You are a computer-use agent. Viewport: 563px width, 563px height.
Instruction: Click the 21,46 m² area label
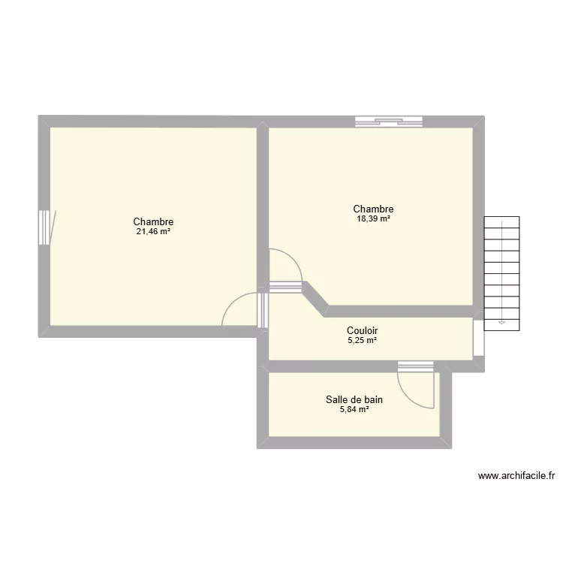click(153, 233)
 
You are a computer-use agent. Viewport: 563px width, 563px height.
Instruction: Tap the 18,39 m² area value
click(373, 219)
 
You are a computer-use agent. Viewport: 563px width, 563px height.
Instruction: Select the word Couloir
click(362, 330)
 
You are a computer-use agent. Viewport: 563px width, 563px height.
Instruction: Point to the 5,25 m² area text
click(362, 341)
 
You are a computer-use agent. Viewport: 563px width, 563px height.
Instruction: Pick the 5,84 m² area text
click(354, 410)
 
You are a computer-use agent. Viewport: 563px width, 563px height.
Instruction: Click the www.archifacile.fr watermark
click(516, 476)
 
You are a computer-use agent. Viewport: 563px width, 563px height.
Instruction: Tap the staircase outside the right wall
click(501, 270)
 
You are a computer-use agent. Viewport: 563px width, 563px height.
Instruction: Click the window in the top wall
click(389, 120)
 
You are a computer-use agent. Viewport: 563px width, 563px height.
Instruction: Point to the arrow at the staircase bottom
click(501, 322)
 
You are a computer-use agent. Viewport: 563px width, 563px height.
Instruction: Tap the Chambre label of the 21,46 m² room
click(153, 222)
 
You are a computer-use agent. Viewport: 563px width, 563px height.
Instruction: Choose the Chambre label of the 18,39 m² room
click(373, 209)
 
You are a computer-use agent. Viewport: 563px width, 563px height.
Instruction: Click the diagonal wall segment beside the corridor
click(315, 297)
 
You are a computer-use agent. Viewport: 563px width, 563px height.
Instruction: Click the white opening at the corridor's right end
click(478, 339)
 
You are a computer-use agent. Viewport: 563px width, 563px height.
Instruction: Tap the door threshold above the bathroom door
click(416, 366)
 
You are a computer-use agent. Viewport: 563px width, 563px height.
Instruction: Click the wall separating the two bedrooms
click(263, 203)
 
